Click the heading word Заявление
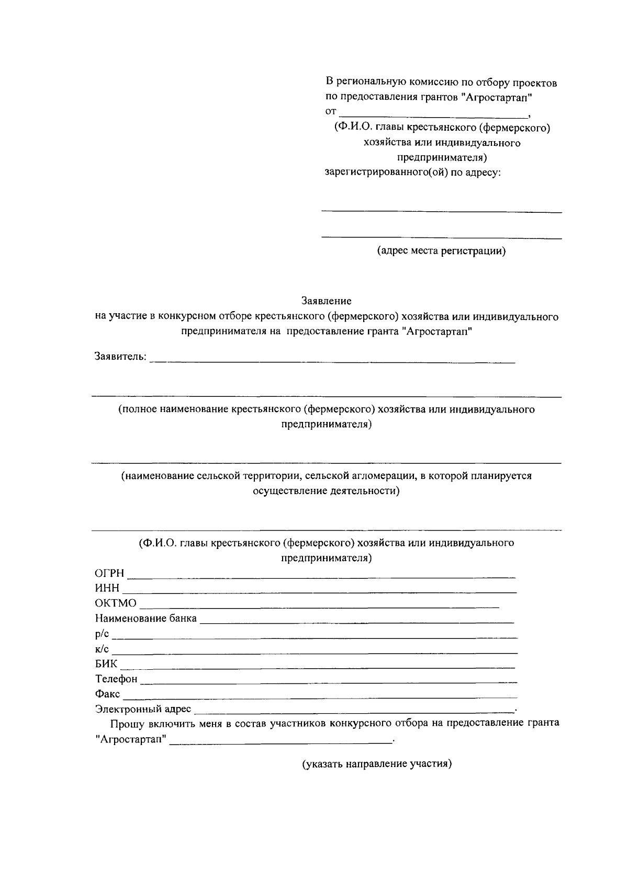[x=326, y=301]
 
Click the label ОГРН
[x=109, y=574]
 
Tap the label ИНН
[x=107, y=588]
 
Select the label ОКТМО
[x=116, y=603]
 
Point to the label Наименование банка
[x=146, y=619]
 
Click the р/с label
[x=102, y=634]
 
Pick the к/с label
[x=102, y=649]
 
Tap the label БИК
[x=106, y=664]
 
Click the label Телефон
[x=116, y=679]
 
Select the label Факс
[x=107, y=694]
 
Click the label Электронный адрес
[x=143, y=709]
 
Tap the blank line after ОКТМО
[x=319, y=607]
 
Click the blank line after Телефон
[x=329, y=682]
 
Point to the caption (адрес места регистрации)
[x=442, y=251]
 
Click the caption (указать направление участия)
[x=377, y=764]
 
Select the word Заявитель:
[x=120, y=357]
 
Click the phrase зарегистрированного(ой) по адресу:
[x=413, y=171]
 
